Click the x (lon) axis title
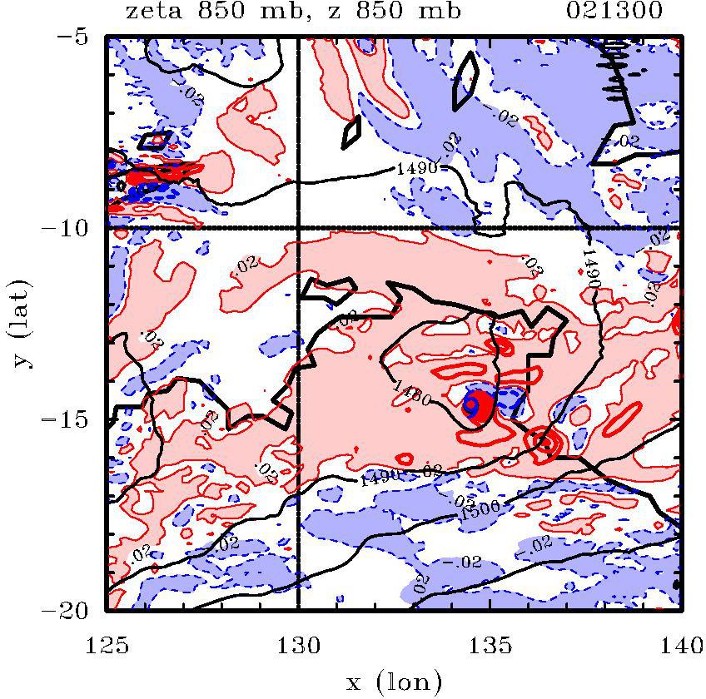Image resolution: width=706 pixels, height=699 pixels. click(393, 682)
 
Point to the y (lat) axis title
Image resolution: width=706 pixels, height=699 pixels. click(18, 323)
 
